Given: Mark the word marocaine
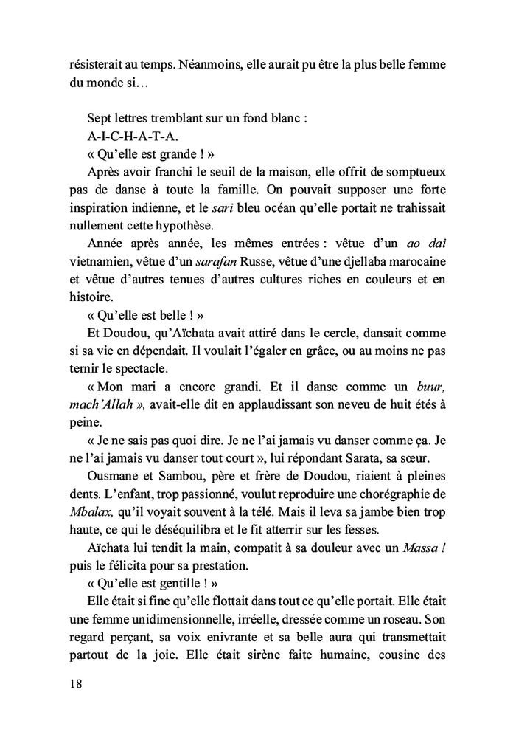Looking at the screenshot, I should click(419, 262).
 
